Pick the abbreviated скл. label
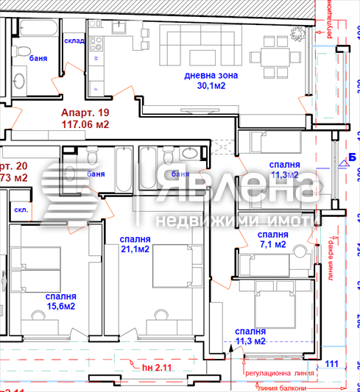point(21,209)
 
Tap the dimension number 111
point(331,363)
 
